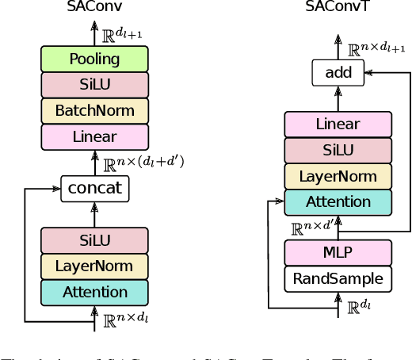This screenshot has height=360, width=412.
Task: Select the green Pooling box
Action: tap(94, 59)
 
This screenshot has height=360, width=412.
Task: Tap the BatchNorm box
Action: tap(94, 110)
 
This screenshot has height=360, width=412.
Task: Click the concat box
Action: tap(94, 188)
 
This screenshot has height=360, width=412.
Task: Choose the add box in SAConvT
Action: tap(338, 73)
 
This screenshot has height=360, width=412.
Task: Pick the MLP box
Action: tap(338, 253)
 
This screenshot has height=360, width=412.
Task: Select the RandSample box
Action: tap(338, 278)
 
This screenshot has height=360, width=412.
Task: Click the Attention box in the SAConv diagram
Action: tap(94, 292)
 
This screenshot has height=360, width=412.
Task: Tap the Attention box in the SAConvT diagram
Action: tap(338, 201)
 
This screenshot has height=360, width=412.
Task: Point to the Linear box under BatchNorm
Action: tap(94, 136)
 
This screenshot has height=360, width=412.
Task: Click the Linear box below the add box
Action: tap(338, 124)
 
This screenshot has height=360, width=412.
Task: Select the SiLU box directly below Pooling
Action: tap(94, 85)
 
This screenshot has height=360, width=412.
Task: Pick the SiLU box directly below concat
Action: tap(94, 240)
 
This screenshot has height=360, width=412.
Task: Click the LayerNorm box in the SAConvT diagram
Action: tap(338, 176)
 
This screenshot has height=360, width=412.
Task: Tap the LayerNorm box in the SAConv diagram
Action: tap(94, 266)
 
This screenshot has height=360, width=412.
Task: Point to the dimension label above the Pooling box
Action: tap(122, 33)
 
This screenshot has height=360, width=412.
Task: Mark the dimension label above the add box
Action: tap(374, 48)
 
